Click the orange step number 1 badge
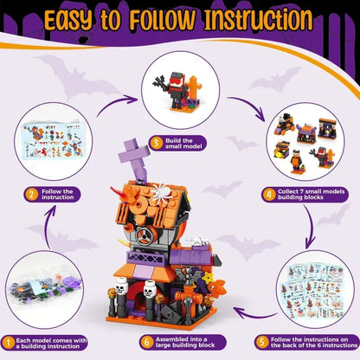[x=9, y=343]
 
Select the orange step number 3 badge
[x=156, y=144]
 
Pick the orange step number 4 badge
[x=269, y=195]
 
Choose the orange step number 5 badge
[x=262, y=343]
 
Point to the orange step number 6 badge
[x=147, y=343]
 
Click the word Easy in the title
[x=68, y=20]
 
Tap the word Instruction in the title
[x=258, y=19]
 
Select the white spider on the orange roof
[x=162, y=192]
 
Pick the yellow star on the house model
[x=207, y=278]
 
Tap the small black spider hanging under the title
[x=84, y=40]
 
